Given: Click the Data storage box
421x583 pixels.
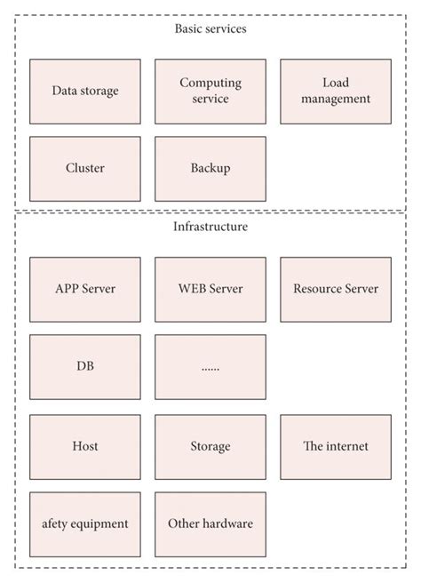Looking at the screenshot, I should [x=84, y=92].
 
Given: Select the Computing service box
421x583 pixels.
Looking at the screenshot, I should [x=210, y=92].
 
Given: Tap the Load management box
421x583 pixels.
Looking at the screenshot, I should [x=335, y=92].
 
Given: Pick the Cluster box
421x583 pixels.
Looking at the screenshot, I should [x=84, y=169].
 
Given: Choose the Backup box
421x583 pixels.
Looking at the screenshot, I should [x=210, y=169].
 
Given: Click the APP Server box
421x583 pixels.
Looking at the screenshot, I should [x=84, y=290].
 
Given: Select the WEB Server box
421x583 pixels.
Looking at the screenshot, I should [x=210, y=290].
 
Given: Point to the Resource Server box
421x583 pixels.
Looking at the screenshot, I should [x=335, y=290].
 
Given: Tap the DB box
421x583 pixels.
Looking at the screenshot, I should [x=84, y=367].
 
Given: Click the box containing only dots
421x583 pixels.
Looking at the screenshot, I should [x=210, y=367].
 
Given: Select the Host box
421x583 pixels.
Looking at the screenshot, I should [x=84, y=446].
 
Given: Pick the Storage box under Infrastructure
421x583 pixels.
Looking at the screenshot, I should [x=210, y=446].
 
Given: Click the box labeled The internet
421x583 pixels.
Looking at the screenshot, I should [x=335, y=446].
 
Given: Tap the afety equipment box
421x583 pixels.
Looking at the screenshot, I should [x=84, y=524].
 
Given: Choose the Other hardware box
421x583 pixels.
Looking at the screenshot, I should [x=210, y=524].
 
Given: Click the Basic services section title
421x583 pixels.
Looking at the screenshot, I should [x=210, y=28].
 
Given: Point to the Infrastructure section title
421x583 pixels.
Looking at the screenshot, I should [x=210, y=228].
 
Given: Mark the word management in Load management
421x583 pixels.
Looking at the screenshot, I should [x=335, y=100].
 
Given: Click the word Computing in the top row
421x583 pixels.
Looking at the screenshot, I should [x=210, y=84].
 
